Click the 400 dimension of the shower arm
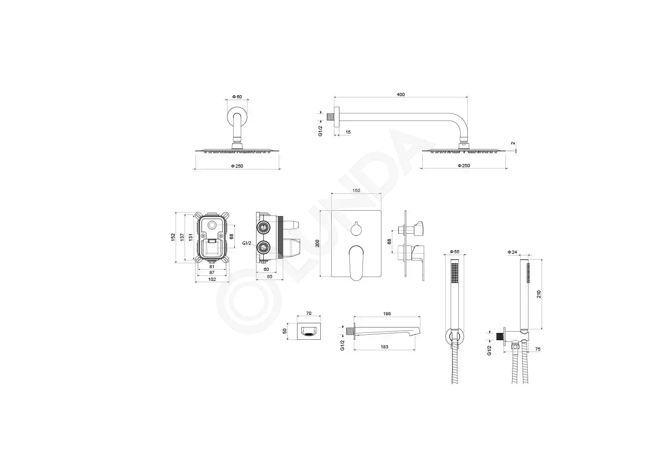point(400,95)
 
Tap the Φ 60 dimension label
point(237,97)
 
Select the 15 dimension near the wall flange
point(348,132)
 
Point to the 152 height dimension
point(173,237)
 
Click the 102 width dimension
point(212,280)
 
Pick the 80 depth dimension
point(270,276)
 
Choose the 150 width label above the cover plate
point(356,191)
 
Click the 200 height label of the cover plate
point(318,243)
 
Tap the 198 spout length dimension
point(387,314)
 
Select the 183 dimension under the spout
point(385,347)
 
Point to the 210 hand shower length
point(539,294)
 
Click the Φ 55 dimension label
point(455,252)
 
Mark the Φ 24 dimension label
point(513,252)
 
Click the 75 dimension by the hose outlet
point(538,349)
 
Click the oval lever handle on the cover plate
point(356,263)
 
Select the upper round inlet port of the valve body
point(263,228)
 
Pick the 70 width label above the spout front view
point(309,313)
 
